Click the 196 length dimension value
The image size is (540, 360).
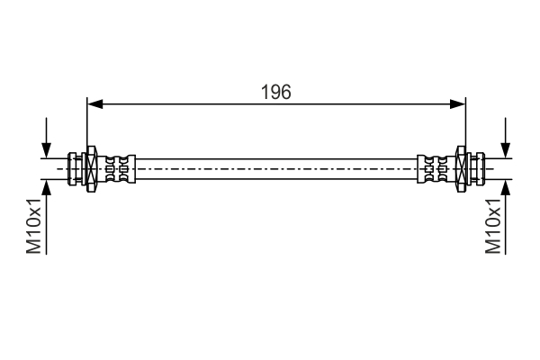tap(276, 93)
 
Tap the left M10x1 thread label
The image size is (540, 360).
tap(34, 226)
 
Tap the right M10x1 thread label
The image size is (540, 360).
tap(493, 226)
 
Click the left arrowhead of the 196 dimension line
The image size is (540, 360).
tap(94, 103)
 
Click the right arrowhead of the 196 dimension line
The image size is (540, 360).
tap(458, 103)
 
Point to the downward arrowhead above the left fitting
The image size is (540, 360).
tap(46, 150)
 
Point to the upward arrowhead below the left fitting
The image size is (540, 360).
tap(46, 187)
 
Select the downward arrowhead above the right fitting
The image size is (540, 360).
tap(506, 150)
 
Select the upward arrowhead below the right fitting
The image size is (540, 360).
tap(506, 187)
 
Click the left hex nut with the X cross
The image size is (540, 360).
tap(91, 169)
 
